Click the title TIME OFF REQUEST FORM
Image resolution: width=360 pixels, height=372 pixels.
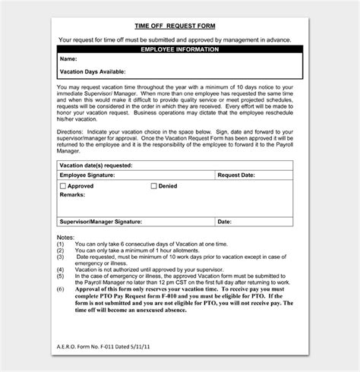coord(181,24)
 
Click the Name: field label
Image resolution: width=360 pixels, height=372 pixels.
coord(68,58)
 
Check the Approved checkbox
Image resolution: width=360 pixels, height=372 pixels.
coord(63,186)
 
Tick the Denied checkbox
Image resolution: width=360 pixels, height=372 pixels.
coord(153,186)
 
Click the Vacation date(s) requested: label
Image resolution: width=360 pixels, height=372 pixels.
coord(95,165)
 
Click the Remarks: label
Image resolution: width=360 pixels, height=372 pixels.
coord(73,194)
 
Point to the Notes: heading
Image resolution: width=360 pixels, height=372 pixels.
coord(65,237)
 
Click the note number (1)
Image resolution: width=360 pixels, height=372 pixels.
coord(61,244)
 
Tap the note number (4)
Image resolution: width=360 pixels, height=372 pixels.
coord(61,266)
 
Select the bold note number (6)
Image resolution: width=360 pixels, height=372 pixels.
coord(61,289)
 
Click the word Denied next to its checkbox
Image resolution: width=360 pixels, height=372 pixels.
coord(168,186)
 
